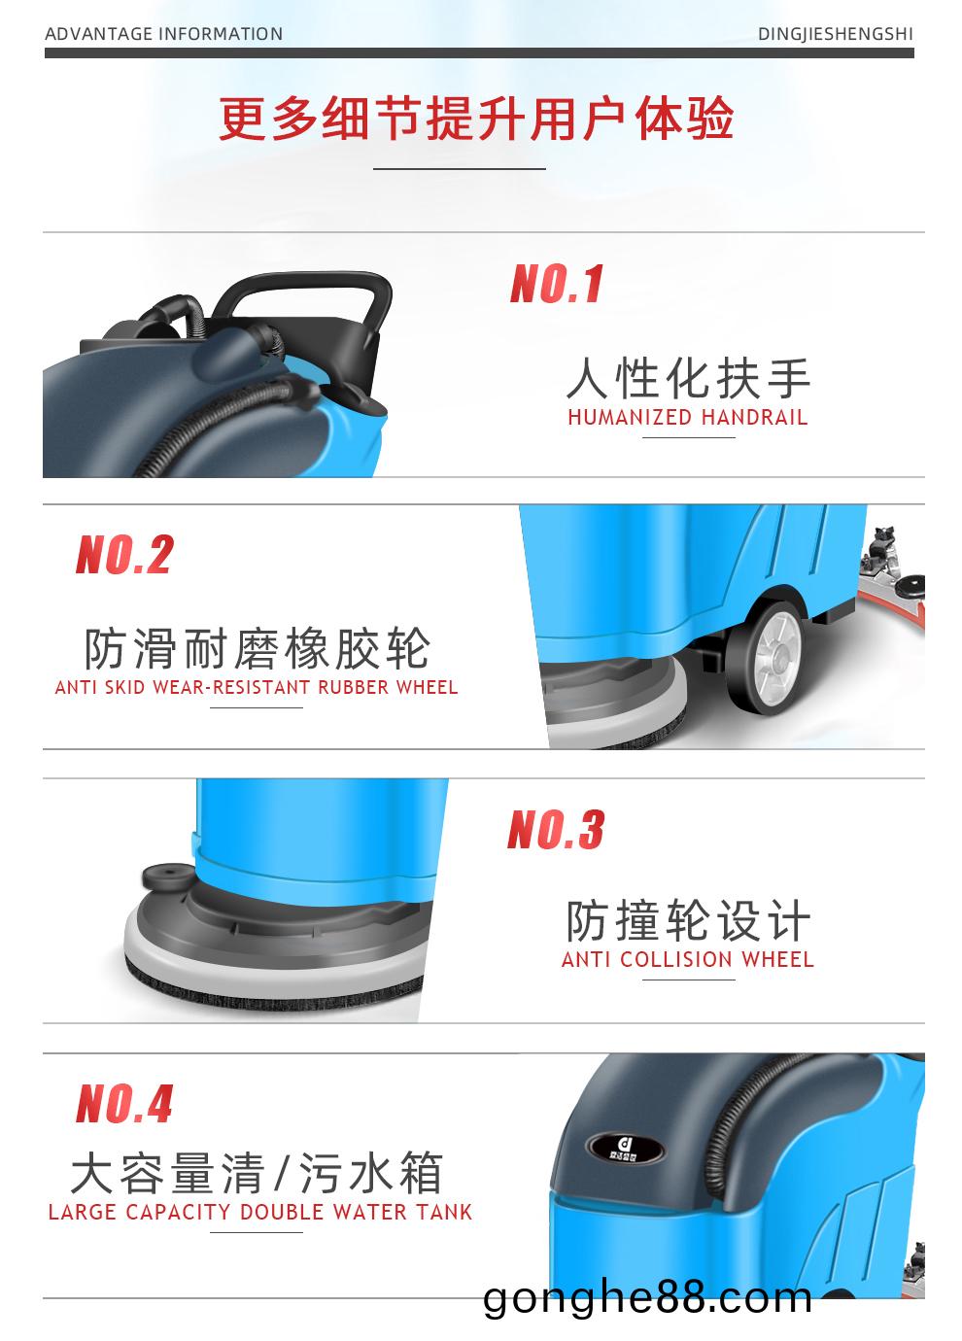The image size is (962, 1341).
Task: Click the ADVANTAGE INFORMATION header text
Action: tap(163, 34)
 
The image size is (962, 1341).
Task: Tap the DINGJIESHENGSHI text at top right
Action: tap(835, 34)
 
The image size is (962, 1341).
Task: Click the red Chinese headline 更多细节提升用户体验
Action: tap(476, 118)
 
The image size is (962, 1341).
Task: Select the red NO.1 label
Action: tap(556, 284)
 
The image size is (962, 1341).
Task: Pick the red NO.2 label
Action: tap(124, 554)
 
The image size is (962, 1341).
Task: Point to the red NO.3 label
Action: tap(556, 829)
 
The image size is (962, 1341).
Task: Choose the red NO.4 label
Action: tap(124, 1103)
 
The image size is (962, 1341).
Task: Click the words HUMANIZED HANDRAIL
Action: tap(688, 417)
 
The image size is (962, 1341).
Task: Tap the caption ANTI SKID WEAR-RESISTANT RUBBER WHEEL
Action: tap(257, 687)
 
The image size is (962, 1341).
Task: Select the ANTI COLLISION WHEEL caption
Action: tap(688, 960)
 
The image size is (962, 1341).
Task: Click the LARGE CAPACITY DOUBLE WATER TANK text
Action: tap(259, 1213)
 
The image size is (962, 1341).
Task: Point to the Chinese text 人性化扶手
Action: tap(688, 378)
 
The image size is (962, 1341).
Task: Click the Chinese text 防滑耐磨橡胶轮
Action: tap(257, 648)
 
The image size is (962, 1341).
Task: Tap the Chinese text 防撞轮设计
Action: tap(688, 921)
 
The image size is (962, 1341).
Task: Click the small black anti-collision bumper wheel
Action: tap(167, 877)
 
